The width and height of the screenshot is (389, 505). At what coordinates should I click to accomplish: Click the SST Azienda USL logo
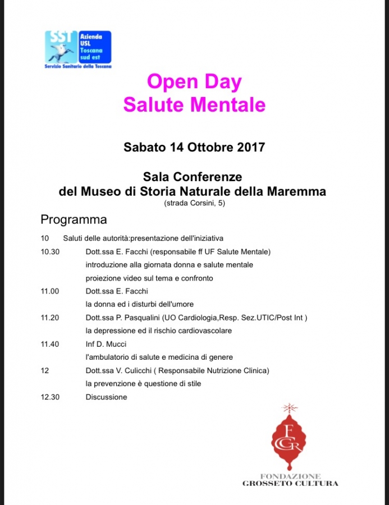click(x=78, y=49)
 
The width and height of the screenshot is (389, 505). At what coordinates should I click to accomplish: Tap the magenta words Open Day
click(x=194, y=82)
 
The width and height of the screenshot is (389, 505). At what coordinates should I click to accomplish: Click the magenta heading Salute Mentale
click(x=194, y=104)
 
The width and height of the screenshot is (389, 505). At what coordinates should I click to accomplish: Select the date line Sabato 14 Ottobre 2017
click(x=194, y=148)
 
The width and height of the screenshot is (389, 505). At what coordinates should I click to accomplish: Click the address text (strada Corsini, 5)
click(x=194, y=203)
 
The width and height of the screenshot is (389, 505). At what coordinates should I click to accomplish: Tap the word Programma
click(x=74, y=219)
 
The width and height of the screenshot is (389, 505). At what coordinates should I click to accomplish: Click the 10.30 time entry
click(x=50, y=251)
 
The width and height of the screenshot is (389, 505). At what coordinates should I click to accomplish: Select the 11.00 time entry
click(x=50, y=291)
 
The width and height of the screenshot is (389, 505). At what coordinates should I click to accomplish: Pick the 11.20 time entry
click(x=50, y=318)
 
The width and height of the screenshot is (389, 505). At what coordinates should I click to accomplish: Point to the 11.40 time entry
click(x=50, y=344)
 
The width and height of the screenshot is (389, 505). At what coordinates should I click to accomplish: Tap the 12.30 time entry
click(x=50, y=397)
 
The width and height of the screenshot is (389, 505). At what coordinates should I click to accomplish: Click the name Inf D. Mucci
click(x=106, y=344)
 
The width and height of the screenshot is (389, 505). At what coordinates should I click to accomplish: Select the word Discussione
click(x=107, y=397)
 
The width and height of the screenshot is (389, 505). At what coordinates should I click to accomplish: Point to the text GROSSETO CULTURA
click(x=290, y=483)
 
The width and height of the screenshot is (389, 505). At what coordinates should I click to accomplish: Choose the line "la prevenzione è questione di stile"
click(x=143, y=384)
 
